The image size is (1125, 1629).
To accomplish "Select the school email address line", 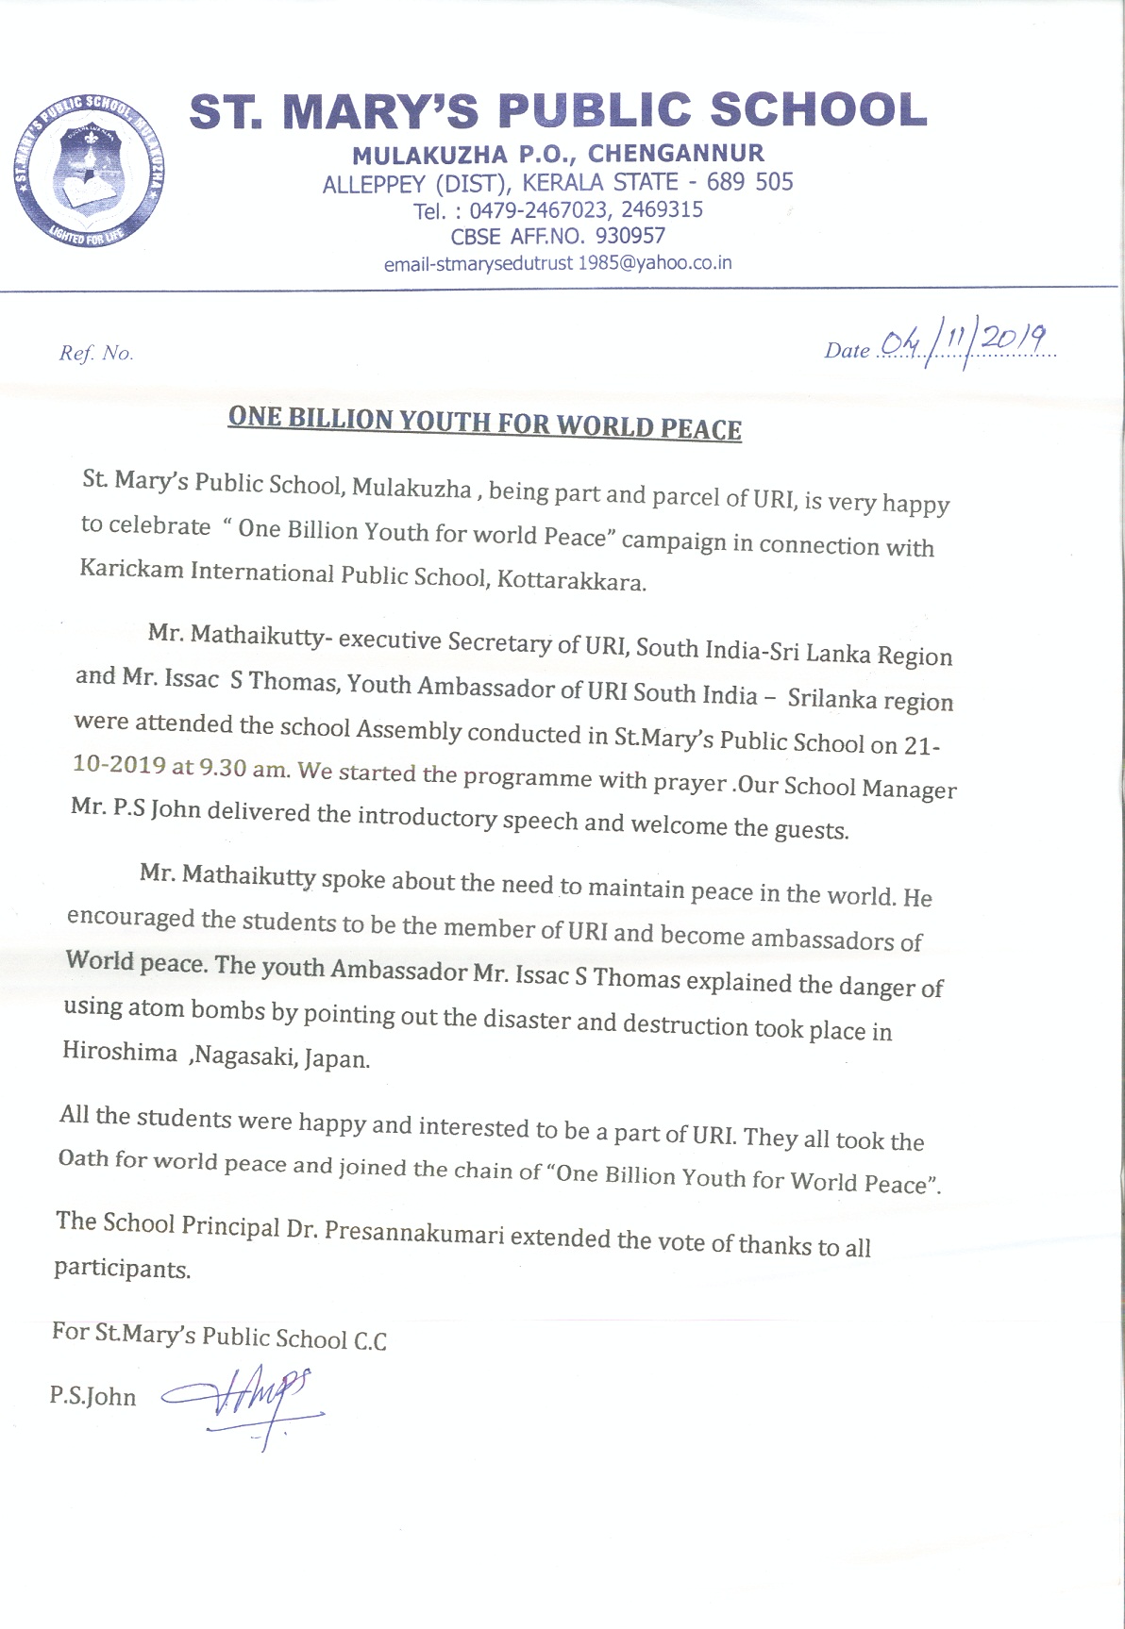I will [x=558, y=264].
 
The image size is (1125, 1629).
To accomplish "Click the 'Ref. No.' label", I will [x=96, y=354].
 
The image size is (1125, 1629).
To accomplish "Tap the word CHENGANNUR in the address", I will [x=676, y=154].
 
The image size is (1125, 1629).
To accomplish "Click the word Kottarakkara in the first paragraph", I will [x=572, y=579].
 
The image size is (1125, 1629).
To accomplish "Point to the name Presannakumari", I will [x=414, y=1232].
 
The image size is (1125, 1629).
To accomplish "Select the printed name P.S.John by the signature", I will [x=92, y=1396].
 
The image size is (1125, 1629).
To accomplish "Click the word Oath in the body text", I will [x=83, y=1157].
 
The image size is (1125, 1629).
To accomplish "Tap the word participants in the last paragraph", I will [x=122, y=1268].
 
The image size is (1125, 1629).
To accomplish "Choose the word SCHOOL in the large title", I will [x=817, y=110].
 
